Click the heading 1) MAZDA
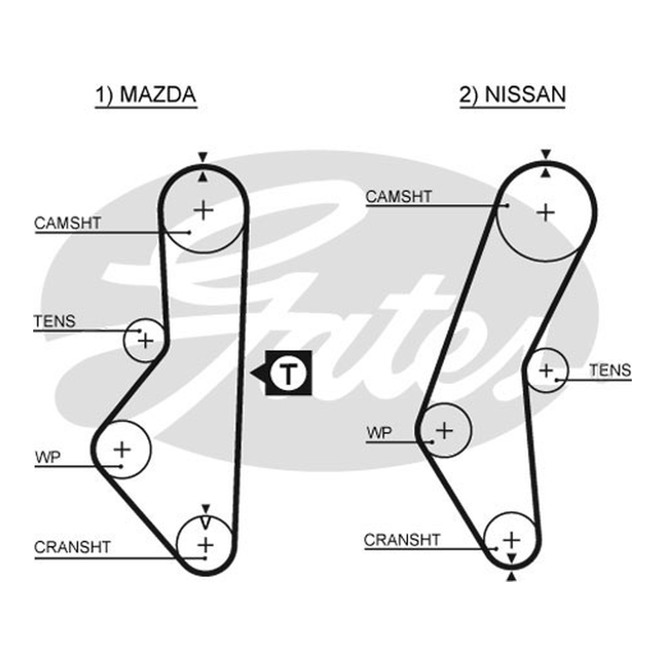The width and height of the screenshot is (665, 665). click(145, 95)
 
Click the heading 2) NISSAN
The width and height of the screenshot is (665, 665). click(513, 95)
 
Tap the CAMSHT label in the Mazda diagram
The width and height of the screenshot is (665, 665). click(67, 223)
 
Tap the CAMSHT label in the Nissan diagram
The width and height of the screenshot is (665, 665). click(399, 197)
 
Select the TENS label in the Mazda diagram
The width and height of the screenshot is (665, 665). click(55, 322)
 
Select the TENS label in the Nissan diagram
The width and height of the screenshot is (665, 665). click(610, 371)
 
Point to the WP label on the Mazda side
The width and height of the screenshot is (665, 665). click(48, 457)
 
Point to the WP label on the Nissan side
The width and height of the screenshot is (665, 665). click(379, 433)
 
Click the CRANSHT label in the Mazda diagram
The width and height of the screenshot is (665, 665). click(72, 547)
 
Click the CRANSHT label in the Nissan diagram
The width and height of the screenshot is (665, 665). click(402, 539)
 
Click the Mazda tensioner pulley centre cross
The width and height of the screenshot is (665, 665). click(145, 341)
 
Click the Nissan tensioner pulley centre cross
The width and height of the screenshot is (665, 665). click(546, 371)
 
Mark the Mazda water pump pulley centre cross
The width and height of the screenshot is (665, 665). click(122, 450)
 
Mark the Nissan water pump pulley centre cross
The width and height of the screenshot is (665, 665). click(445, 431)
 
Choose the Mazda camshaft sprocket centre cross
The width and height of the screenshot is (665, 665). click(204, 210)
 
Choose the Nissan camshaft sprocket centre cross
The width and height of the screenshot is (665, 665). click(546, 213)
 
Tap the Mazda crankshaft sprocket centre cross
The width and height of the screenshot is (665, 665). click(205, 545)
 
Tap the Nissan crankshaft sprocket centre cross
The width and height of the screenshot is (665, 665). click(511, 539)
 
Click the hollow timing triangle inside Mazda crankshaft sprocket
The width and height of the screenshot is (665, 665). click(205, 523)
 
